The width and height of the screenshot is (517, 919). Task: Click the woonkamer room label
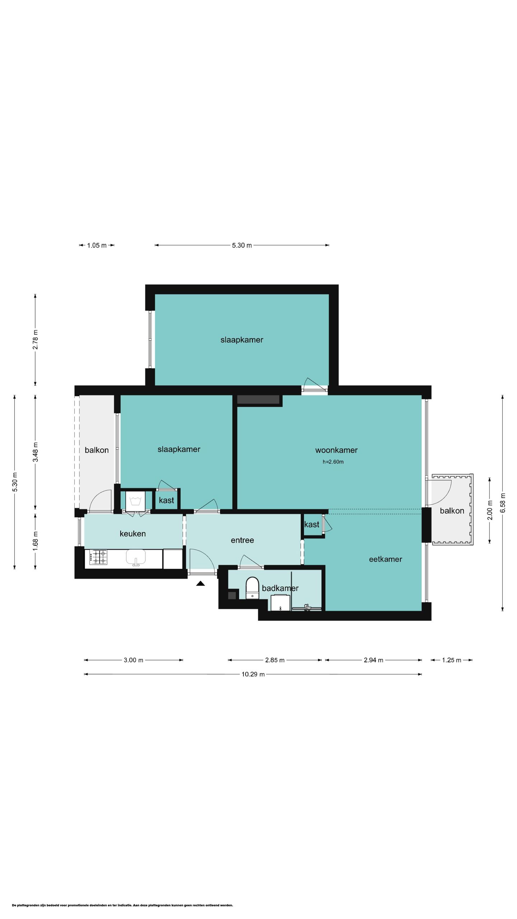336,450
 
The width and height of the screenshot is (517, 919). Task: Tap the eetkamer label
385,559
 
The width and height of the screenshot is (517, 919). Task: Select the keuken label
132,533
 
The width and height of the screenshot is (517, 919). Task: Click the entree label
242,540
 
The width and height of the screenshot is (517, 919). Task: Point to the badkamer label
280,588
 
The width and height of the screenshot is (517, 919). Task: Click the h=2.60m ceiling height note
333,462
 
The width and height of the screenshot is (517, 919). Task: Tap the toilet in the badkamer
252,588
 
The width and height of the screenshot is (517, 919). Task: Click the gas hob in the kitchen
98,557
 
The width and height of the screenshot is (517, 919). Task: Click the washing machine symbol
135,500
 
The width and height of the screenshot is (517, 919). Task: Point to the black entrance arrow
200,583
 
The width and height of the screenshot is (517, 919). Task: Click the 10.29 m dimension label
253,674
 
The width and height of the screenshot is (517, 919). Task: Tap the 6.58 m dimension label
502,503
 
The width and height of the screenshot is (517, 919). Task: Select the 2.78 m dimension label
35,339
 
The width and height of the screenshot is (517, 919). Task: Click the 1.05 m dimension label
97,246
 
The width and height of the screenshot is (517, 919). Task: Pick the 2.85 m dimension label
275,660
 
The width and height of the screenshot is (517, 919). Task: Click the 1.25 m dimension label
451,660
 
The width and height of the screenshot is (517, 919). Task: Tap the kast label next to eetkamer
312,524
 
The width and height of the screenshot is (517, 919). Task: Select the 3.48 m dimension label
35,452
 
